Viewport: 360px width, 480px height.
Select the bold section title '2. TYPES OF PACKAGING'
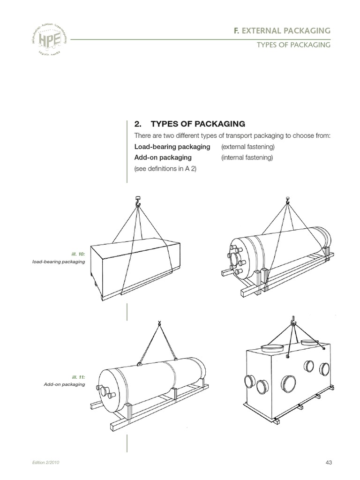click(x=189, y=124)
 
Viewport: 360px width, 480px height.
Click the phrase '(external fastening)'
click(x=247, y=147)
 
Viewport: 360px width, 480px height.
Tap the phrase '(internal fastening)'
click(x=247, y=157)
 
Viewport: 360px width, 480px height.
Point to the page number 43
click(x=328, y=463)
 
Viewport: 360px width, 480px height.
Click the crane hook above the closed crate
click(x=138, y=202)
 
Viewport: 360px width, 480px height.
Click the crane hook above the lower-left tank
click(x=159, y=323)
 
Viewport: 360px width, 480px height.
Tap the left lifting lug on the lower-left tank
click(x=139, y=363)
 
